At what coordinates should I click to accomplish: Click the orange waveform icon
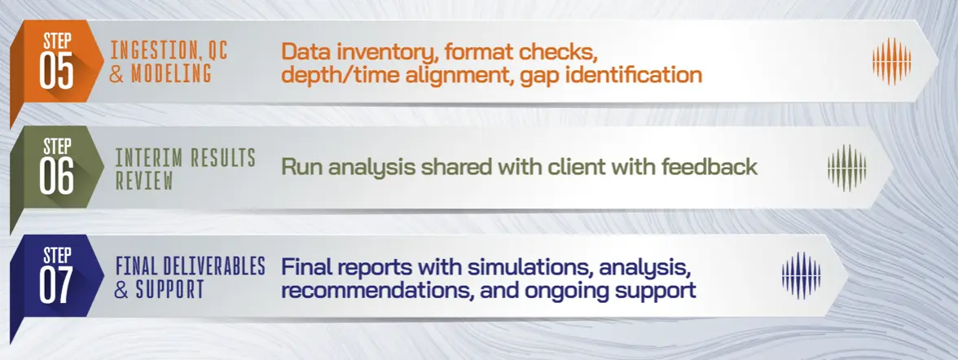[891, 60]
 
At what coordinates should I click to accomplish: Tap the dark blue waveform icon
[801, 274]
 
